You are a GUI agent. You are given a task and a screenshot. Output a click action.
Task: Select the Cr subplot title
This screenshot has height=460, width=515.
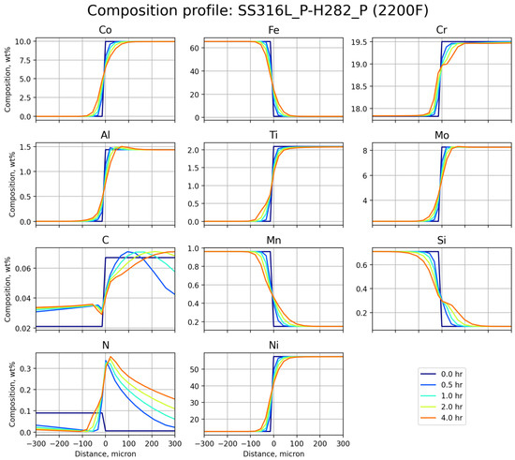[437, 30]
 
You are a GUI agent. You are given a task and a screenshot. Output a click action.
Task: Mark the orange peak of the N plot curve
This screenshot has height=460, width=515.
[110, 357]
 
